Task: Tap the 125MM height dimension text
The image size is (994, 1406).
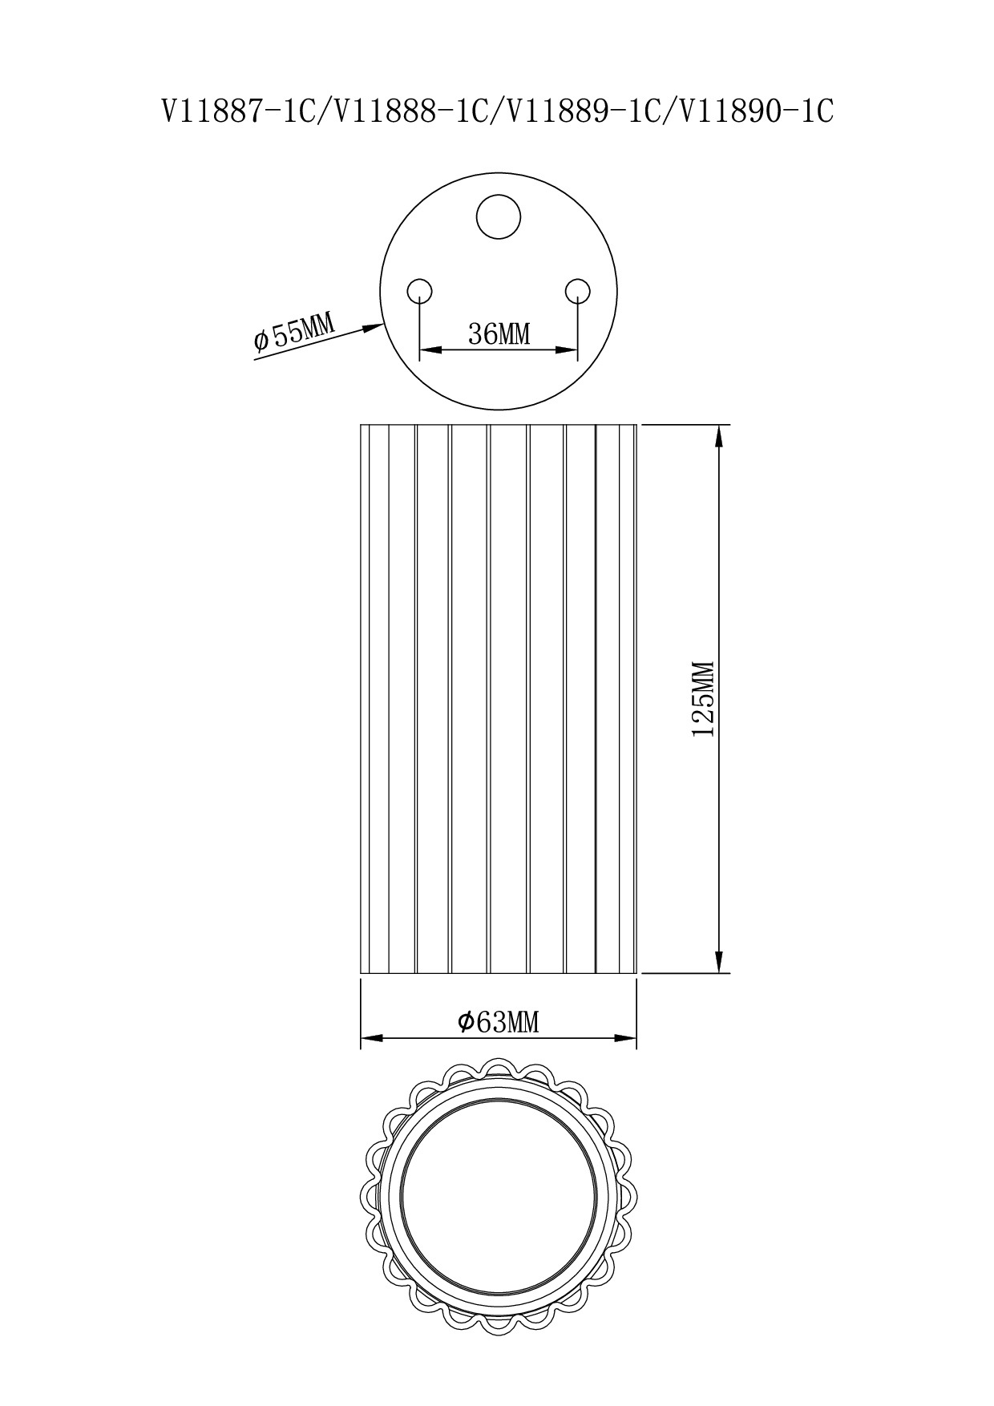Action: click(703, 699)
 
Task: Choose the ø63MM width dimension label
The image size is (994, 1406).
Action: click(498, 1022)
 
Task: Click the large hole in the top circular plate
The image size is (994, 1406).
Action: click(499, 216)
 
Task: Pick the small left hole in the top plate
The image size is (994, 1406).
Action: click(420, 290)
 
